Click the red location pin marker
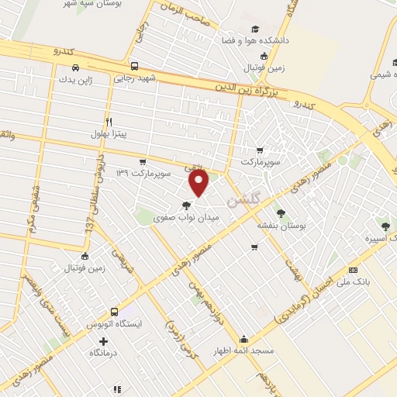[x=199, y=183]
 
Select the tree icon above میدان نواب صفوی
[x=185, y=206]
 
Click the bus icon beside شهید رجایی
[x=135, y=66]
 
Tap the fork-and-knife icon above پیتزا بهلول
[x=109, y=121]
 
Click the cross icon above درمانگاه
[x=103, y=340]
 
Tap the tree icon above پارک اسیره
[x=385, y=226]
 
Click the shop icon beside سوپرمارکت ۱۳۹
[x=142, y=161]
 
